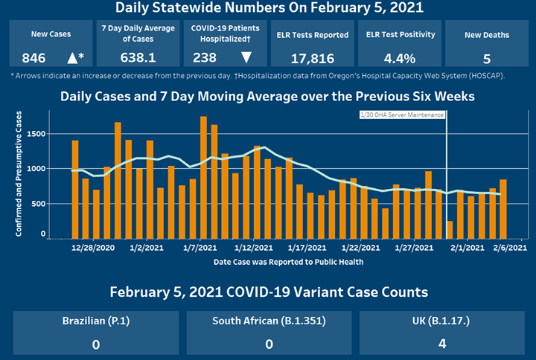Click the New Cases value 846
[x=34, y=58]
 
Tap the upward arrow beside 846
[x=72, y=58]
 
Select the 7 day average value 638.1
[x=138, y=58]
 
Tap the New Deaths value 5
[x=486, y=58]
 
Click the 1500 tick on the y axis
[x=36, y=134]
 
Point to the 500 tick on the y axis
[x=39, y=203]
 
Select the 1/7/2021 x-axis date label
[x=199, y=248]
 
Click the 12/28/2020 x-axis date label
[x=93, y=248]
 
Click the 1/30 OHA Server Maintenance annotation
[x=401, y=115]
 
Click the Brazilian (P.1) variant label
[x=95, y=322]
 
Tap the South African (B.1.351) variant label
[x=269, y=322]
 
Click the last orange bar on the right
[x=503, y=207]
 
